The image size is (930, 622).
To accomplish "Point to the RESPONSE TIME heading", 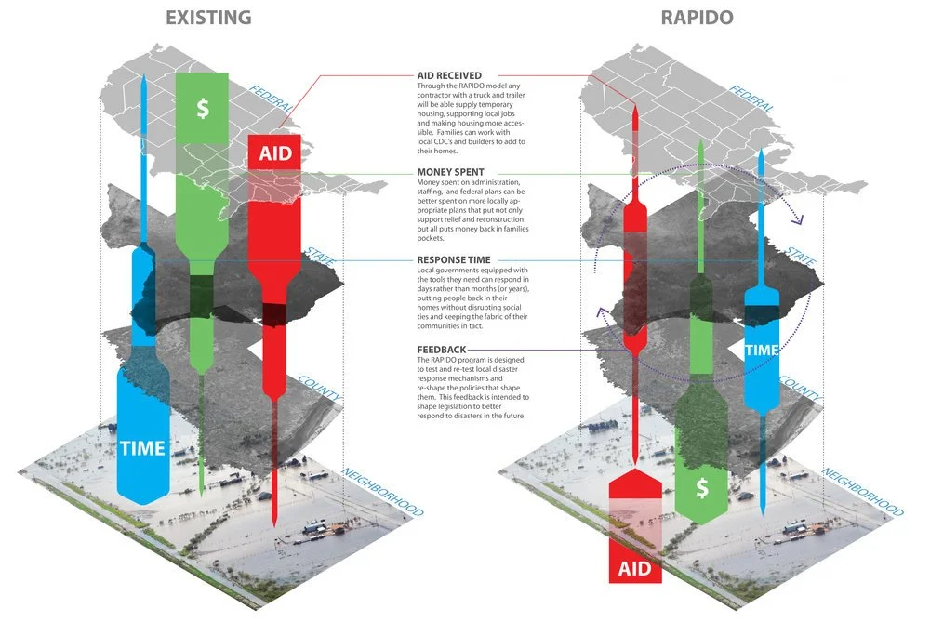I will (455, 260).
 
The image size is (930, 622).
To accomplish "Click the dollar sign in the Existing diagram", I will (202, 109).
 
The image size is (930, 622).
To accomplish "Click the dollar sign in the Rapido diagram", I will (703, 487).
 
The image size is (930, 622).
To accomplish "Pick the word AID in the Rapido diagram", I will (634, 566).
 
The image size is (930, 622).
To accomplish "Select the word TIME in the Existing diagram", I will (142, 448).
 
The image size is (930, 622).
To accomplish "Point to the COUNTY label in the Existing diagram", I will (320, 390).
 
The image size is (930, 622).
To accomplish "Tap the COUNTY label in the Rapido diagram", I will (800, 390).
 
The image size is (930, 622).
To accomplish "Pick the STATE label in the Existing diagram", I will (321, 257).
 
